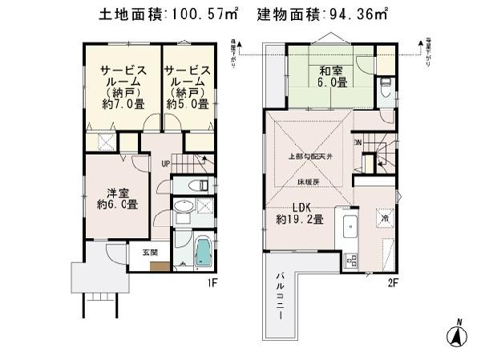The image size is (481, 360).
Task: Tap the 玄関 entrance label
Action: (x=150, y=252)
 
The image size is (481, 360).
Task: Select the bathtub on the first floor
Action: (x=201, y=252)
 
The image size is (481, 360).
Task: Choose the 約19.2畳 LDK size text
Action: (x=299, y=218)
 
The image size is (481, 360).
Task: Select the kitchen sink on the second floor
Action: (x=350, y=228)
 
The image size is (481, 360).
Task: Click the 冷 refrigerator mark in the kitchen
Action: (x=384, y=217)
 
